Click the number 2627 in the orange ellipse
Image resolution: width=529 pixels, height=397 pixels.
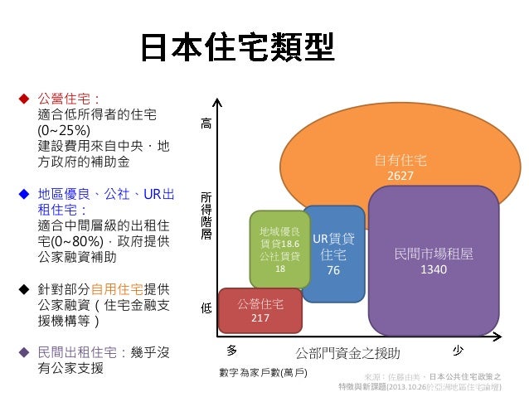[x=400, y=177]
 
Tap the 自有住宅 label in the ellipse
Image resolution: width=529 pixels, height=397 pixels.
[x=400, y=160]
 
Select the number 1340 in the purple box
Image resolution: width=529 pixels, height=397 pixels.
[x=434, y=269]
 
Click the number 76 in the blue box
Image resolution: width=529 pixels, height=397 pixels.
[x=333, y=270]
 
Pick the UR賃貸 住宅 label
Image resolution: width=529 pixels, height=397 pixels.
[x=333, y=246]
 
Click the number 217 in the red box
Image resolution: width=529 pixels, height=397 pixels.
[x=260, y=317]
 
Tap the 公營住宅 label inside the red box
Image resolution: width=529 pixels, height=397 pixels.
[x=260, y=303]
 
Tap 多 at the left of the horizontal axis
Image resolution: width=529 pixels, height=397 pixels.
[x=232, y=350]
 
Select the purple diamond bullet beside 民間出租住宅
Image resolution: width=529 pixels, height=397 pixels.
[x=24, y=351]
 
